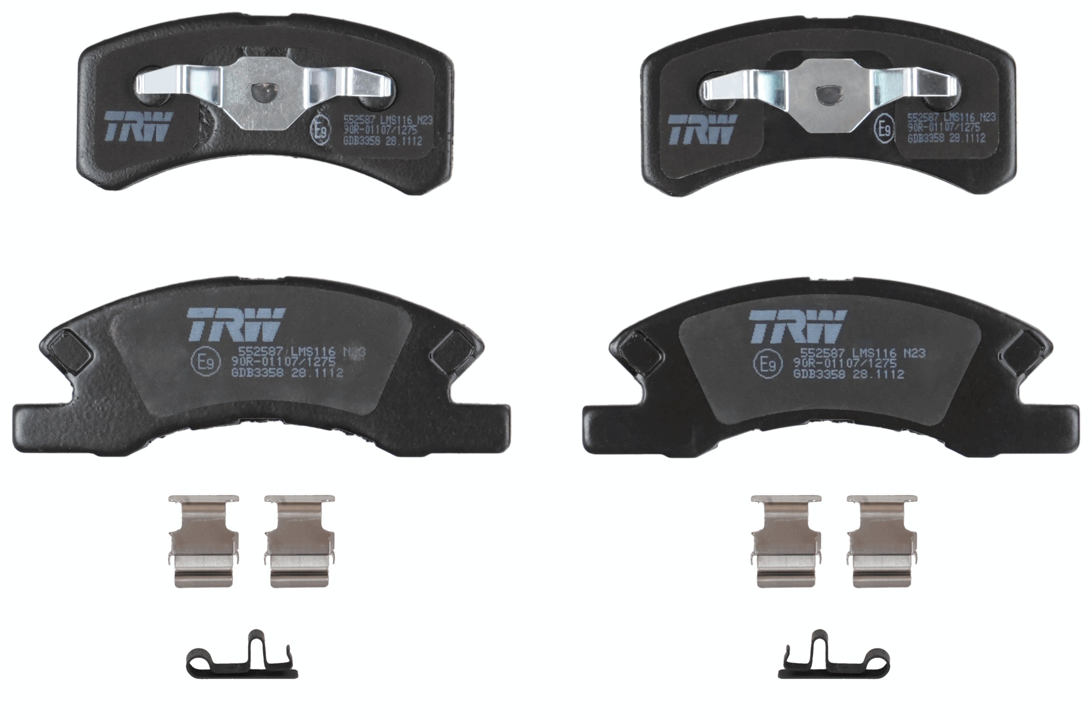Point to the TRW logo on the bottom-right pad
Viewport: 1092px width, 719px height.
[798, 327]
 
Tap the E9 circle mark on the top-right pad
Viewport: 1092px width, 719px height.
[885, 129]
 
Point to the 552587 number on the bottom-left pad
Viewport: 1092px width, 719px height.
[255, 351]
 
